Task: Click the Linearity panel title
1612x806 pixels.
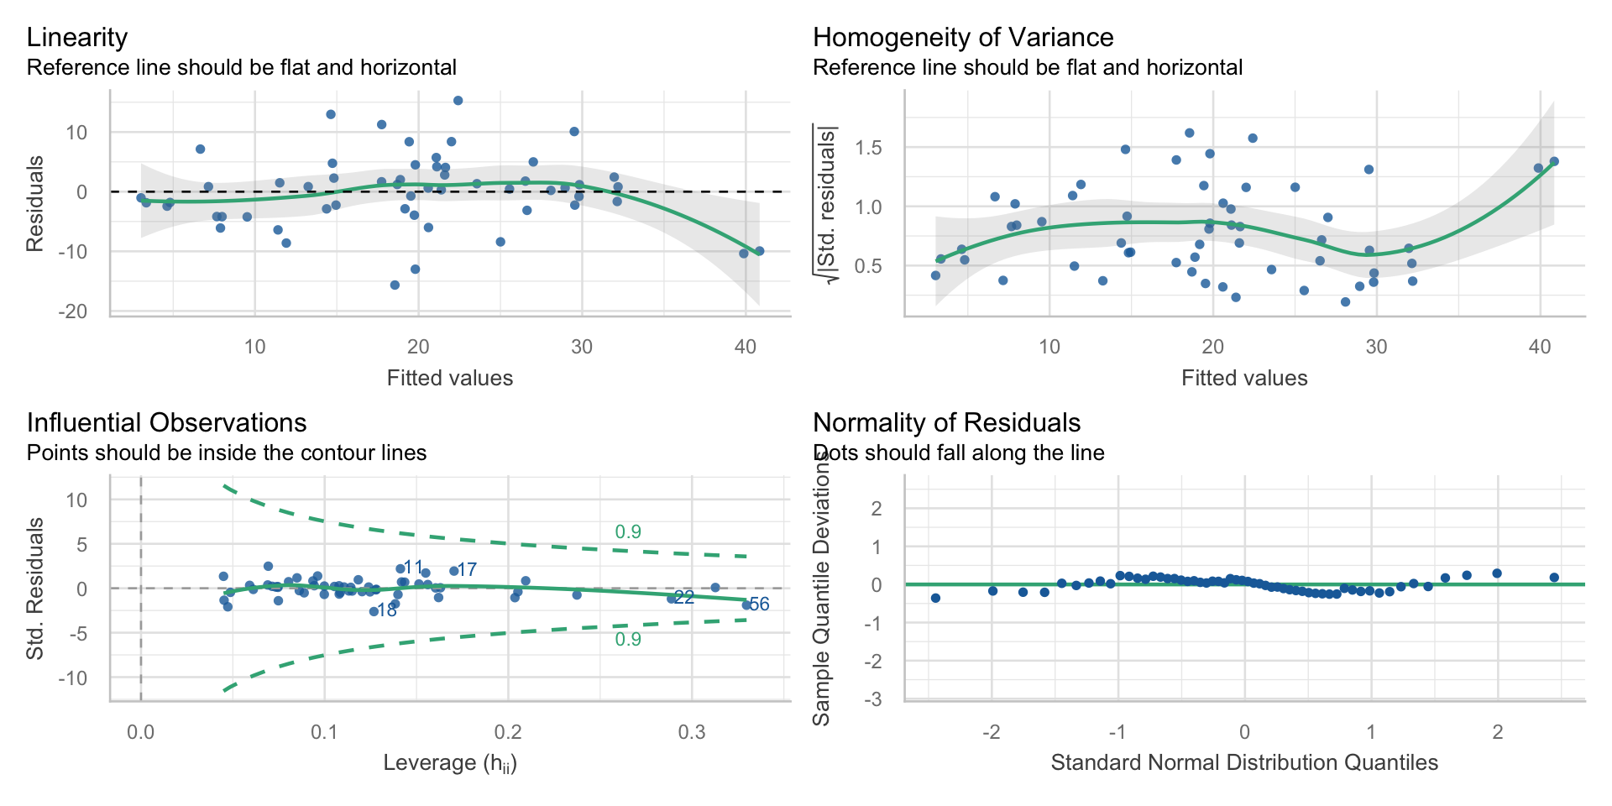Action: point(77,38)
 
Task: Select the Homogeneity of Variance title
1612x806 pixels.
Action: point(963,38)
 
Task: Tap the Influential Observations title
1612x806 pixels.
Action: point(166,423)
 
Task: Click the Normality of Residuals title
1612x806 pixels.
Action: point(946,423)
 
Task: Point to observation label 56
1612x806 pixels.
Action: point(760,604)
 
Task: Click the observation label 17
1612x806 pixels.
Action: point(468,570)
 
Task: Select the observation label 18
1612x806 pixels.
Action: point(387,611)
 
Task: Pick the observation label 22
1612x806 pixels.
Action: point(684,598)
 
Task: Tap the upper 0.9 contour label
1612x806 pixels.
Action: point(628,532)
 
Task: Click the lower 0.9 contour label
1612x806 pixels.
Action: point(628,640)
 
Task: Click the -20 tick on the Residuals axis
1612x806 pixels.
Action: point(72,311)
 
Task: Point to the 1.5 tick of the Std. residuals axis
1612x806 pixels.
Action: point(868,149)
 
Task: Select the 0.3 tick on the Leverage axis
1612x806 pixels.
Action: point(692,732)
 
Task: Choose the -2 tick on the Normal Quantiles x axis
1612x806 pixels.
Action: point(992,732)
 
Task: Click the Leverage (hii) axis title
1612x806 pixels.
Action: point(450,763)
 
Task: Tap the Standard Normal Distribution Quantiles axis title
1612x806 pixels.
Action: point(1244,763)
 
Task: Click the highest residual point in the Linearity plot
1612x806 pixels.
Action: point(458,101)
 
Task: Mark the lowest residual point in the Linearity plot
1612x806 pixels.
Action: point(395,285)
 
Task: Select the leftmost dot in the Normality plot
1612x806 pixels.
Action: point(935,598)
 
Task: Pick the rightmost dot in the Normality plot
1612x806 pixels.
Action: point(1554,578)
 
